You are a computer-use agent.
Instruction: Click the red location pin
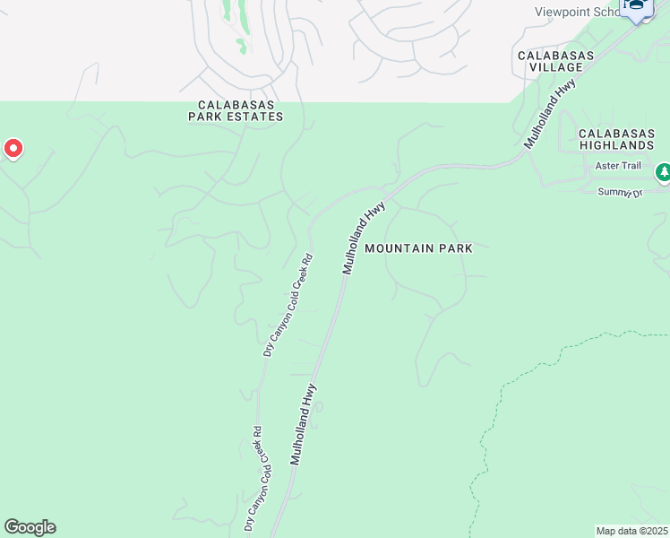pos(13,148)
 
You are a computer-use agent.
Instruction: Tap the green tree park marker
pos(664,171)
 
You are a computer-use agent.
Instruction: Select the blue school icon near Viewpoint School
pos(636,7)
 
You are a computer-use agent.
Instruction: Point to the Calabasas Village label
pos(555,61)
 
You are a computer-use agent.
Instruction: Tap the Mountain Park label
pos(417,248)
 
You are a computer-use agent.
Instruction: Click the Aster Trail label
pos(620,166)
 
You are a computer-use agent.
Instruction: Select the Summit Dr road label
pos(621,191)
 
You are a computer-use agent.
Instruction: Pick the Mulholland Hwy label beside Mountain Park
pos(364,237)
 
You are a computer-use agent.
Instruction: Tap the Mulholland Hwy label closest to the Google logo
pos(304,424)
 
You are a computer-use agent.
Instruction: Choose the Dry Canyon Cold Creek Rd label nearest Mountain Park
pos(287,305)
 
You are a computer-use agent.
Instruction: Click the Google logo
pos(30,527)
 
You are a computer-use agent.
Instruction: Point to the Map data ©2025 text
pos(631,531)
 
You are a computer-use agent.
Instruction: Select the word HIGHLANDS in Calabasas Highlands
pos(616,145)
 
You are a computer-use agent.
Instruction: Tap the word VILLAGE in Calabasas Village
pos(555,67)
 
